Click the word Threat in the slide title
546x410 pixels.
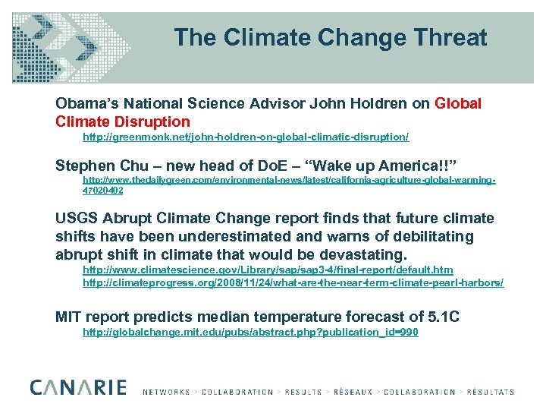click(x=447, y=37)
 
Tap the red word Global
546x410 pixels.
click(x=458, y=103)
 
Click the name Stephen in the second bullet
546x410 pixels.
click(x=83, y=166)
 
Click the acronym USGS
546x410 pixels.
click(x=77, y=219)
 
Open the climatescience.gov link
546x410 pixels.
click(x=268, y=270)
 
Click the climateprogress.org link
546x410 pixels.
click(x=293, y=282)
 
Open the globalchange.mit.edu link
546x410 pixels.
click(x=250, y=333)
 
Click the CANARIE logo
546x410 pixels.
click(x=78, y=388)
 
